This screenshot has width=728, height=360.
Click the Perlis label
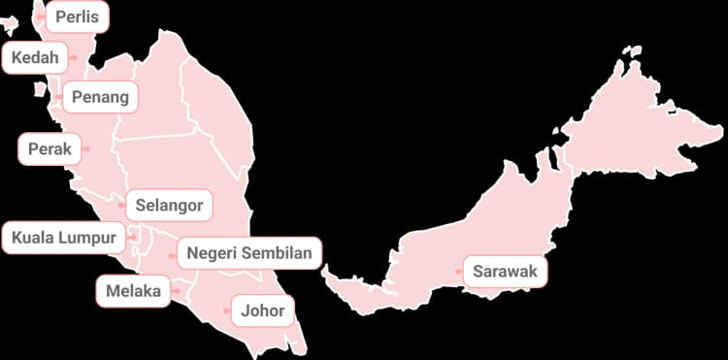tap(77, 16)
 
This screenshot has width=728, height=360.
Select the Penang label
tap(100, 97)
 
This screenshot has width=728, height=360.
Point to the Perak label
tap(50, 149)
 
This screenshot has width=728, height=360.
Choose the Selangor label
tap(169, 206)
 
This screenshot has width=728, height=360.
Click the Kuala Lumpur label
tap(63, 237)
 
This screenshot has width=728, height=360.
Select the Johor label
tap(262, 311)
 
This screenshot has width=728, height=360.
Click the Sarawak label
tap(505, 272)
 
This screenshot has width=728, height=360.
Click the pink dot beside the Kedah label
tap(74, 58)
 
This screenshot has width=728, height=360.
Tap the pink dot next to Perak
tap(86, 149)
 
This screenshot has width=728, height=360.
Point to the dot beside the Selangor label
tap(121, 206)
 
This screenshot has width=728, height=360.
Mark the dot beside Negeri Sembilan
tap(173, 254)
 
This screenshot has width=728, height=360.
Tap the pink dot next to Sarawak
tap(459, 272)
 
